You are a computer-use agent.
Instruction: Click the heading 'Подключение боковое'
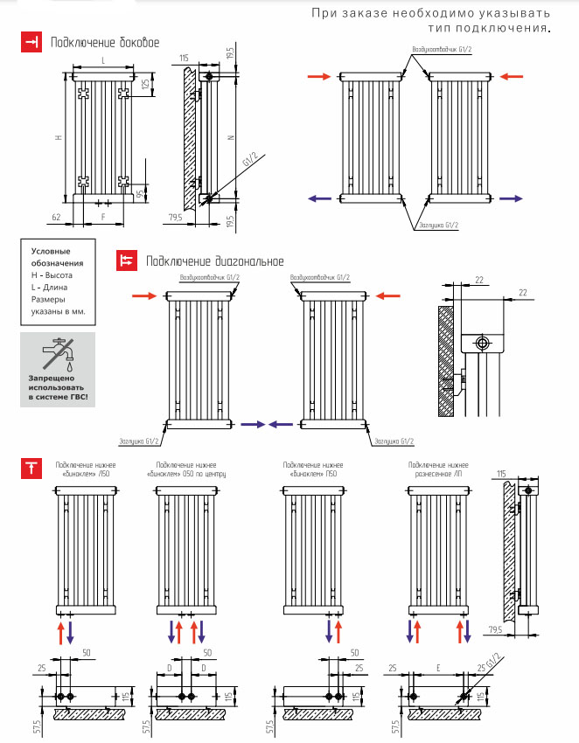pyautogui.click(x=105, y=42)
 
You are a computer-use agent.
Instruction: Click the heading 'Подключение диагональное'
pyautogui.click(x=215, y=260)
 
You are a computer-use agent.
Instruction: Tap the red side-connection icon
pyautogui.click(x=31, y=43)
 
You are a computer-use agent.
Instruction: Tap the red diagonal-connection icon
pyautogui.click(x=128, y=260)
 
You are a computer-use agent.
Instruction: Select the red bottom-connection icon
pyautogui.click(x=31, y=468)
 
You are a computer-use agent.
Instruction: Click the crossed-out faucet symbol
pyautogui.click(x=59, y=353)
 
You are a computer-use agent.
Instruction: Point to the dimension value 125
pyautogui.click(x=145, y=84)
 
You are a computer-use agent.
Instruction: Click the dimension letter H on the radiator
pyautogui.click(x=58, y=138)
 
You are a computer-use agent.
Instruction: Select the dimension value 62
pyautogui.click(x=56, y=215)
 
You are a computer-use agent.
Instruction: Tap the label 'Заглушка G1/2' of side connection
pyautogui.click(x=437, y=226)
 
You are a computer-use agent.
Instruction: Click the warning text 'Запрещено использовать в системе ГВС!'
pyautogui.click(x=59, y=387)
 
